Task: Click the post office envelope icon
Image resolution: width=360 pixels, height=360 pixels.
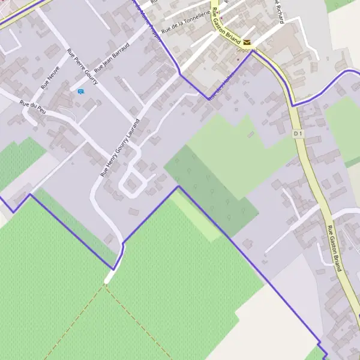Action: tap(247, 41)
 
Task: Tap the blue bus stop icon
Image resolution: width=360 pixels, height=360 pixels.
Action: tap(81, 91)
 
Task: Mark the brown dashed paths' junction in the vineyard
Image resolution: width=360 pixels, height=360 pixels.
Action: tap(105, 285)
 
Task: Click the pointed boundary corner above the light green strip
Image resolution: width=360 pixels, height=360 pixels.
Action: tap(178, 187)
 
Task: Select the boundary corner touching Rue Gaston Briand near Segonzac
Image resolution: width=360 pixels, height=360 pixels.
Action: tap(253, 52)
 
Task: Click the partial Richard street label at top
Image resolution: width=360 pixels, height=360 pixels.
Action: tap(278, 11)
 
